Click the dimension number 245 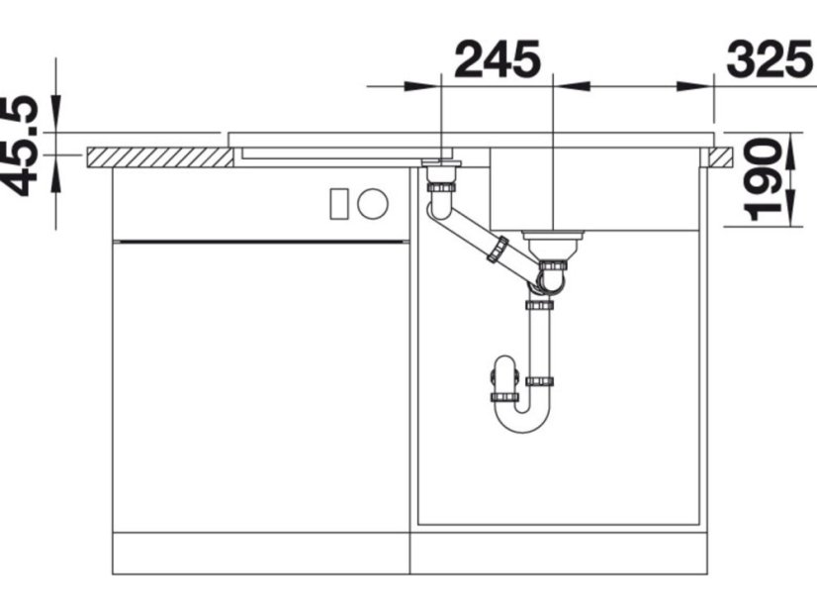point(498,59)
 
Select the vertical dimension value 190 point(763,179)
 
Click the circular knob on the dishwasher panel point(373,203)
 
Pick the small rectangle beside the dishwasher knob point(338,203)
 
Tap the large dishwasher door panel point(261,387)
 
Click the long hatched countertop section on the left point(160,157)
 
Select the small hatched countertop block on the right point(721,157)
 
